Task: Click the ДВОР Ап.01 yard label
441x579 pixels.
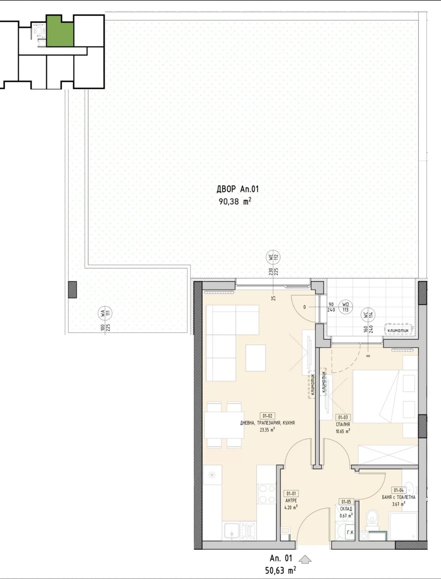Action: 238,189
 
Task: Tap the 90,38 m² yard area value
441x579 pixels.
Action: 235,201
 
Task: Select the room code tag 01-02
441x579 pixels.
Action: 267,416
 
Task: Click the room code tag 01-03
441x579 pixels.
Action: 343,417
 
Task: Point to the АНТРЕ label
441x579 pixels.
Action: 291,500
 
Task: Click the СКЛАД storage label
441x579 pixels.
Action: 346,509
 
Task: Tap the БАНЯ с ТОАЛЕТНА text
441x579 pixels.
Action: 398,497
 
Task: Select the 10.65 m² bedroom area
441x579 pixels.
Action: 343,431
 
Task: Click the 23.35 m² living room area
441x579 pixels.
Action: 267,429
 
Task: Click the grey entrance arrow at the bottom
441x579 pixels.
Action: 305,559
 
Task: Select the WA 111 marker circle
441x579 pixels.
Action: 105,313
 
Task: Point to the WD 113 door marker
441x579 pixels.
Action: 345,307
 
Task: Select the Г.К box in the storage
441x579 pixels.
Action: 350,532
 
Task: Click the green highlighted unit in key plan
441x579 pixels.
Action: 60,31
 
